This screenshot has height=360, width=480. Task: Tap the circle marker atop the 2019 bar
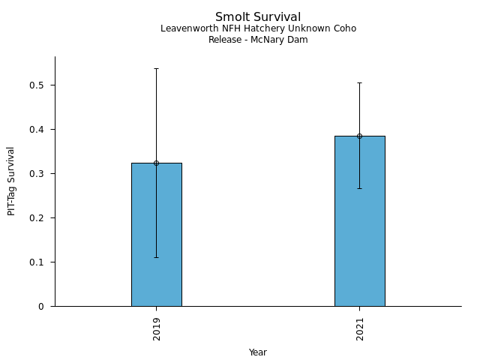(x=156, y=163)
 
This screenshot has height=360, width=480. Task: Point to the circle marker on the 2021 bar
(x=359, y=136)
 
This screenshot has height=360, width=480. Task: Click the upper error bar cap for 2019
(x=156, y=68)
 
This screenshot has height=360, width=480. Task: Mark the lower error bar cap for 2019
(x=156, y=257)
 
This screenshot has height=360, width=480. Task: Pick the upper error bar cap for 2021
(x=359, y=82)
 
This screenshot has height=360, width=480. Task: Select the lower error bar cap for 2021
(x=359, y=188)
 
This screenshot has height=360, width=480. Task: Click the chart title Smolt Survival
(x=258, y=16)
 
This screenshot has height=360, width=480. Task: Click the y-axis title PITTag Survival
(x=11, y=181)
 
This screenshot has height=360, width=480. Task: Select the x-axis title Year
(x=258, y=352)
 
